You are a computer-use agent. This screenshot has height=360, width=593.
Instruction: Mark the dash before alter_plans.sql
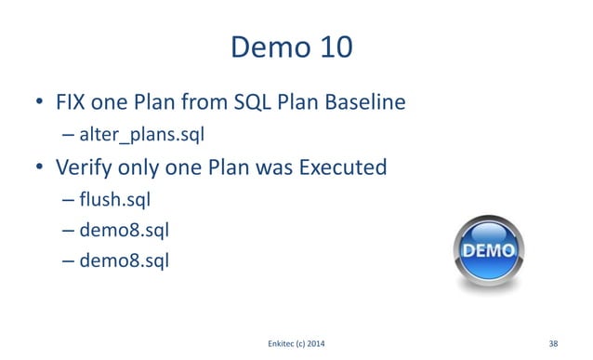pos(69,136)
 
